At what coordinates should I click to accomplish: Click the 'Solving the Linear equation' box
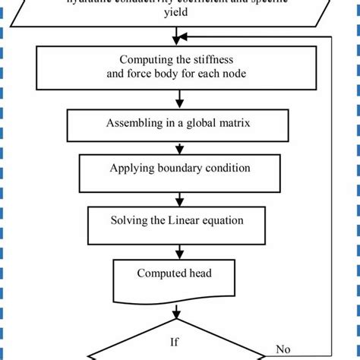click(179, 221)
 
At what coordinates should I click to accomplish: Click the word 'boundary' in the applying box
click(177, 168)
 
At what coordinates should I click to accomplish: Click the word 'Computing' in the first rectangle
click(147, 61)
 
